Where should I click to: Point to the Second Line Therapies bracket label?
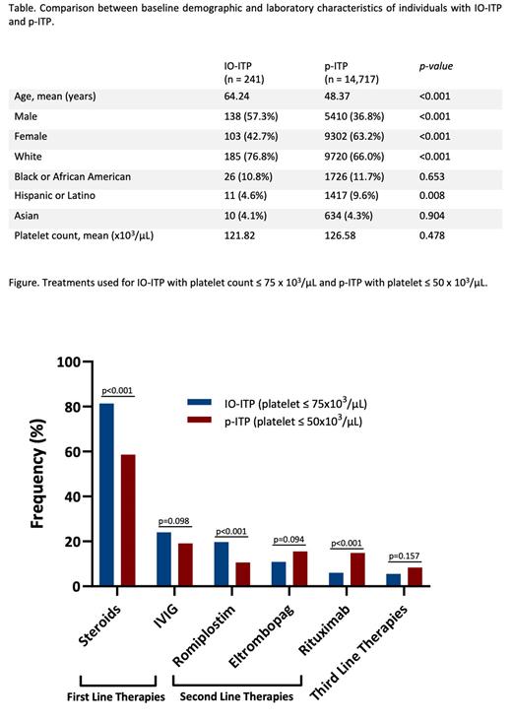click(x=236, y=697)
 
